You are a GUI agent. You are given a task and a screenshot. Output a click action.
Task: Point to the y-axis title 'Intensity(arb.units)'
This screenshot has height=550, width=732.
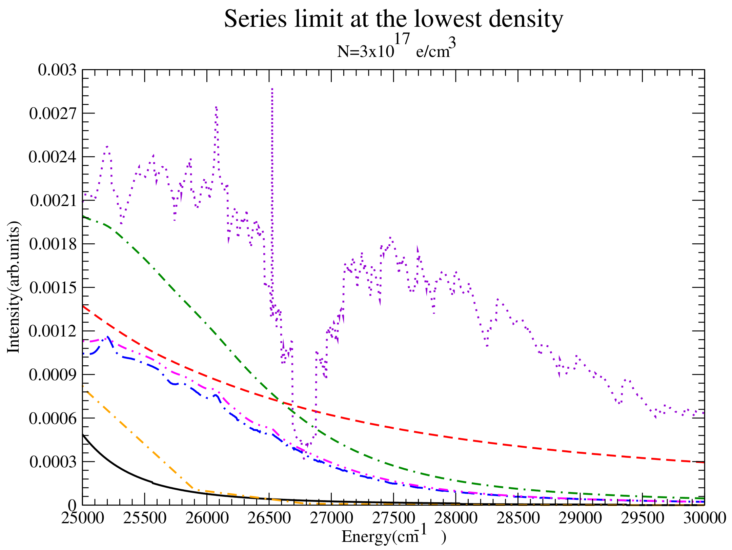(14, 287)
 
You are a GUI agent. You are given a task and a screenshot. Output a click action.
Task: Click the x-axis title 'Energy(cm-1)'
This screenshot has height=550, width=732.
(393, 536)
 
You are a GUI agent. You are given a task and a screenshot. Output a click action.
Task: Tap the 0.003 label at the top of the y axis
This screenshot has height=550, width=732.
(57, 70)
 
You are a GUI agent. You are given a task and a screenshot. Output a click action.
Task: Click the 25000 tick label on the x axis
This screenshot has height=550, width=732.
(83, 518)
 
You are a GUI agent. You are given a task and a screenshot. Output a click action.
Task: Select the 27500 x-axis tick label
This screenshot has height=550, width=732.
(393, 518)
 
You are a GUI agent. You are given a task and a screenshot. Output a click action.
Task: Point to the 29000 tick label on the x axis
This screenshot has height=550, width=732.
(580, 518)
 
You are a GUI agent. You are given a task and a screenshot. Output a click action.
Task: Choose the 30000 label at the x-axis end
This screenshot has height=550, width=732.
(704, 518)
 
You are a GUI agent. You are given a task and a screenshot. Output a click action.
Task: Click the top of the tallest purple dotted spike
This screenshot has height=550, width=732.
(272, 89)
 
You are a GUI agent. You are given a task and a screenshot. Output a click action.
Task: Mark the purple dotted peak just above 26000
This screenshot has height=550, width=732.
(216, 107)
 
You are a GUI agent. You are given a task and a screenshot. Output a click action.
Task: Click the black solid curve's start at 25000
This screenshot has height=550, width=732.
(83, 434)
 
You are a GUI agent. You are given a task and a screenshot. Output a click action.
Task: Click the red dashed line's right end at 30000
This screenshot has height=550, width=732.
(704, 462)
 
